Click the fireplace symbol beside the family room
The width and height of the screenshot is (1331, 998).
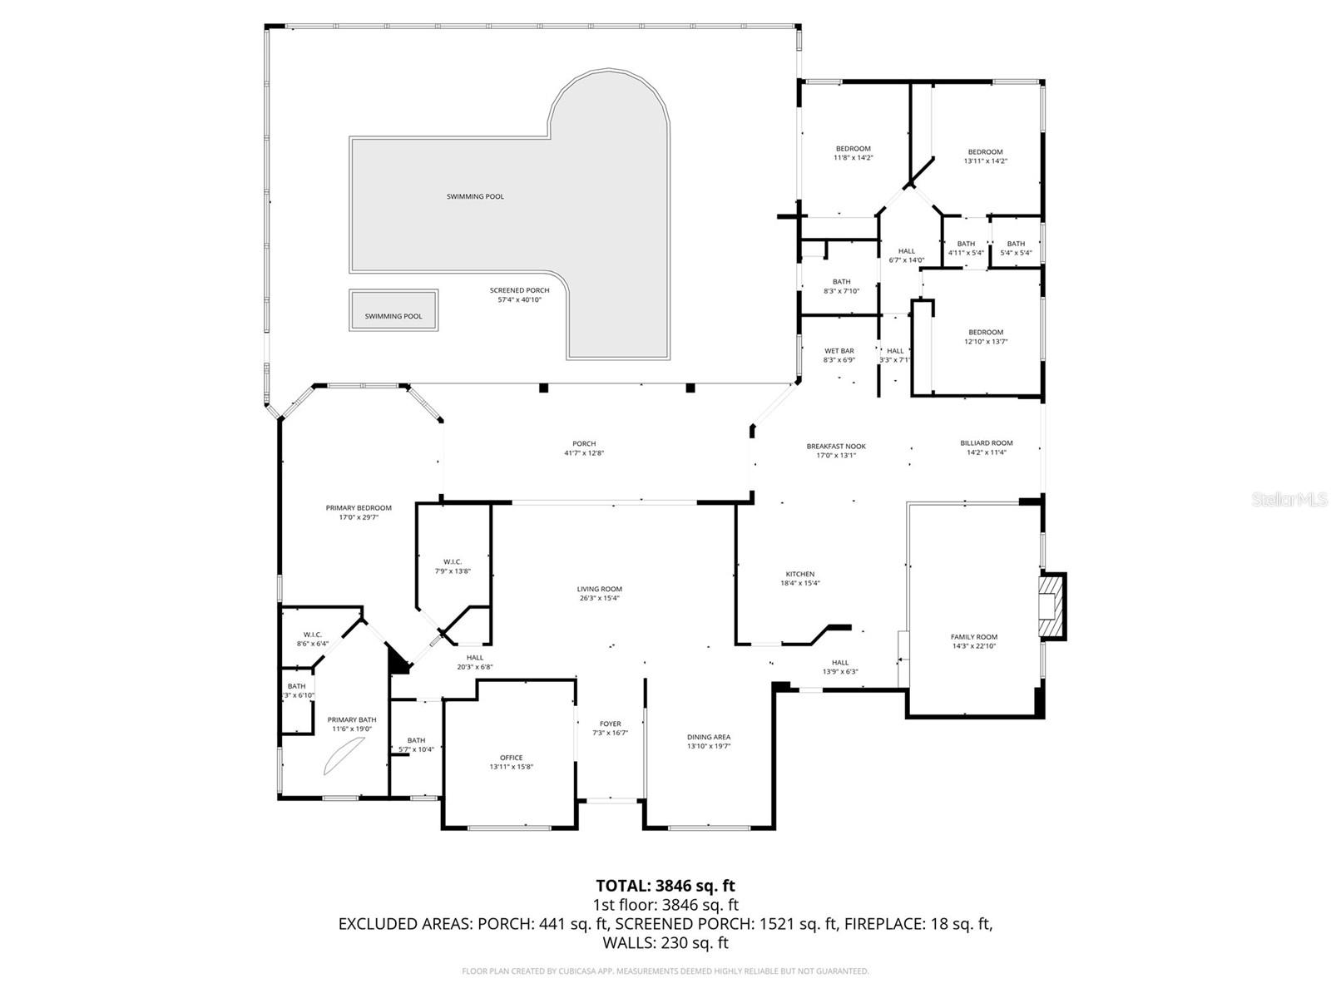(x=1051, y=606)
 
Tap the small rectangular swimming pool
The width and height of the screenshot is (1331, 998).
(x=393, y=310)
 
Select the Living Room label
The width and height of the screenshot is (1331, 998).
(x=600, y=589)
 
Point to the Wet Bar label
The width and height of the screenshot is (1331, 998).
(x=839, y=351)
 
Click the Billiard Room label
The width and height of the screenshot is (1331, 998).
(x=987, y=443)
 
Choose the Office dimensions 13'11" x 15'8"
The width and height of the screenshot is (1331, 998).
(x=511, y=767)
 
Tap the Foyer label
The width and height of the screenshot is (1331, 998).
(x=611, y=724)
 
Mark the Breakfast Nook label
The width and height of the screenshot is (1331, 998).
(x=836, y=447)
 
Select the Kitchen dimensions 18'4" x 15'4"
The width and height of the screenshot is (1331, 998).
(x=800, y=583)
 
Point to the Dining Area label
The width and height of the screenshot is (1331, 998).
(x=709, y=737)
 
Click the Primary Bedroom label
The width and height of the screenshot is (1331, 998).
(x=359, y=507)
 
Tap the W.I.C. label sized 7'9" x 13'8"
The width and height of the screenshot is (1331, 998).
(x=453, y=561)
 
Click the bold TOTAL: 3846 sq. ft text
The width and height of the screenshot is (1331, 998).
(x=665, y=886)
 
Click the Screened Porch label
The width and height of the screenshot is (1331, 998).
(x=519, y=290)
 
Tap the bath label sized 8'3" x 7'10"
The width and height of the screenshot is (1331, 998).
(x=841, y=282)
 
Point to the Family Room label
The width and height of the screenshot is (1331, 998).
(x=973, y=637)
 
